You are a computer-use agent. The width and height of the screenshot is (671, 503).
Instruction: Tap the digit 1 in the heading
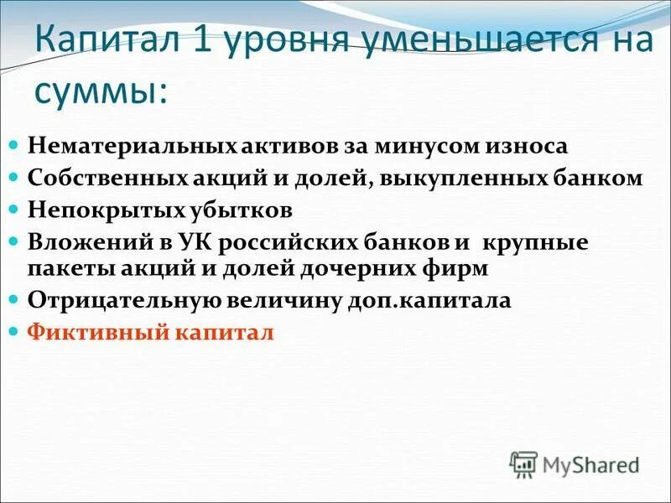pyautogui.click(x=205, y=39)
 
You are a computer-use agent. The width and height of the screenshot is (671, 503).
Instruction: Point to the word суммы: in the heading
pyautogui.click(x=100, y=90)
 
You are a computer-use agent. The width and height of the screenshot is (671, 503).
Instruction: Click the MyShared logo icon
pyautogui.click(x=524, y=463)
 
